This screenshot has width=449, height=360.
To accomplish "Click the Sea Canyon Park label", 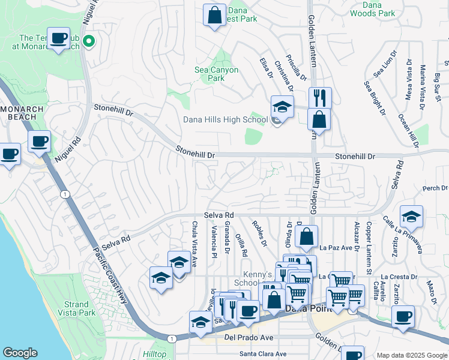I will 216,74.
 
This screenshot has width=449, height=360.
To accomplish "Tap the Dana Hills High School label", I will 225,119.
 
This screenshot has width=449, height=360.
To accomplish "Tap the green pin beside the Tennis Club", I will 89,41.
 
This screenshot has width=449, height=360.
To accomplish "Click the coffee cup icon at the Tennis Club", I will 58,38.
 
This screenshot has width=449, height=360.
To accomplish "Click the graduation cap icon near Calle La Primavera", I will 411,216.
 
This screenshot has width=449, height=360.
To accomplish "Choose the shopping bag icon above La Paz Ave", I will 306,236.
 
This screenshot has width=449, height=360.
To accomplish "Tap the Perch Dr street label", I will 435,188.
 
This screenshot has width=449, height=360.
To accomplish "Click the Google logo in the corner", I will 20,353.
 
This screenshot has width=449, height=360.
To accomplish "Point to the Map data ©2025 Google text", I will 411,355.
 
